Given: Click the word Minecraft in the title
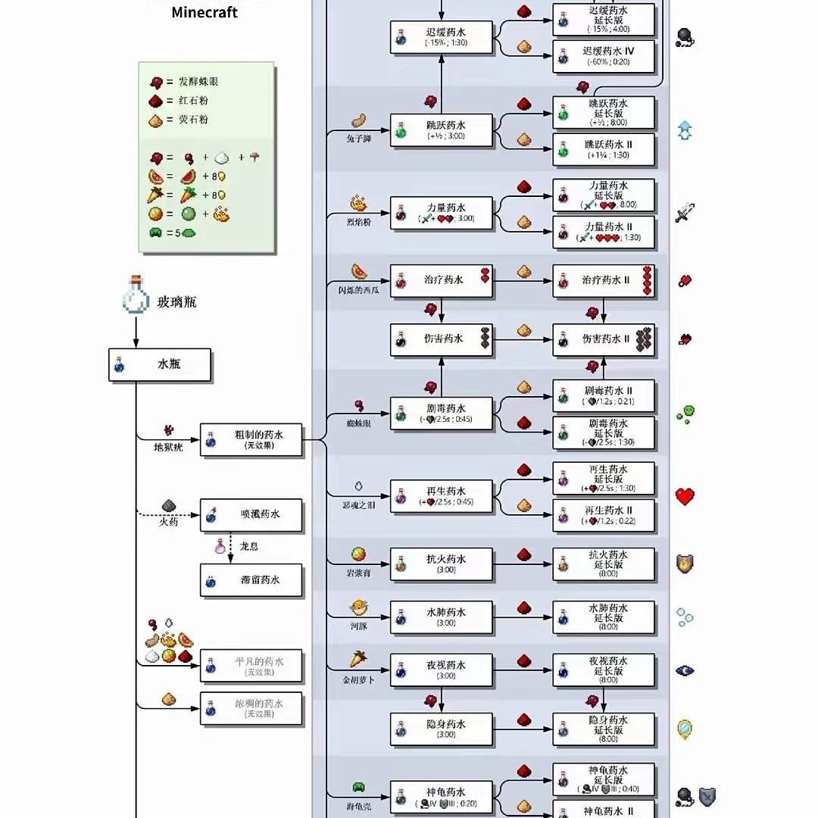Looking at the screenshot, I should click(x=204, y=12).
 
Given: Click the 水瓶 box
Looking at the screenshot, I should click(x=160, y=364).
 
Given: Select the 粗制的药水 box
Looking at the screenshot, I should click(x=251, y=440).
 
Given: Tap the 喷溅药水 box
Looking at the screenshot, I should click(x=251, y=515).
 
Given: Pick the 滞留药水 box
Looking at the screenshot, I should click(x=251, y=580).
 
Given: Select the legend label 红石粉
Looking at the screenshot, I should click(x=193, y=101).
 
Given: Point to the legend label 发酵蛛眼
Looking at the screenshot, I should click(x=198, y=82).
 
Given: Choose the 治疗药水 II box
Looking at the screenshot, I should click(x=604, y=280).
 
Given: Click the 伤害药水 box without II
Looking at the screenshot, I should click(x=442, y=339).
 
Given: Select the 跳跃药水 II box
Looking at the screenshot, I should click(x=604, y=149).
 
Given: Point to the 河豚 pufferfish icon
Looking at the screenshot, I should click(x=358, y=607).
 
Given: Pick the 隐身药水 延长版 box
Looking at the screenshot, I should click(x=604, y=729).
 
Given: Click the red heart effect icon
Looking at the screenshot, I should click(x=685, y=497).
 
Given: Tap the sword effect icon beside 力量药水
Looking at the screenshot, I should click(x=685, y=214).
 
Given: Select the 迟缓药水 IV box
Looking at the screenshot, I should click(x=604, y=57).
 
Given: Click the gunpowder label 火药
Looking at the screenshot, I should click(x=168, y=522).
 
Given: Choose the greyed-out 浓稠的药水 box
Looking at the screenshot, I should click(x=251, y=708).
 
